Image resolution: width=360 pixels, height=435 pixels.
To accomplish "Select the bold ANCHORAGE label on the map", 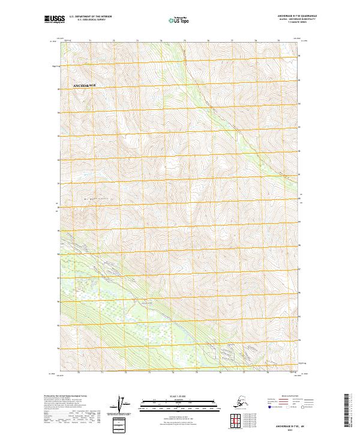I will pyautogui.click(x=85, y=86).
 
